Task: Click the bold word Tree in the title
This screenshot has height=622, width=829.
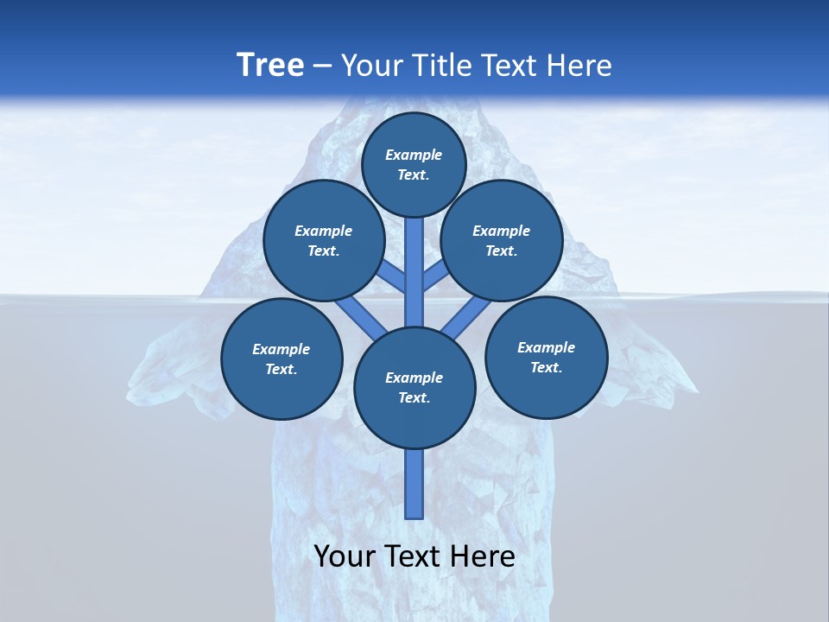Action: coord(270,65)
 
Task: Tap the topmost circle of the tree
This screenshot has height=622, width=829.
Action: coord(414,164)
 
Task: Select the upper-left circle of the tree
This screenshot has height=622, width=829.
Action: coord(323,240)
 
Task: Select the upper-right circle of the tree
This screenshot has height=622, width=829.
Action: coord(502,240)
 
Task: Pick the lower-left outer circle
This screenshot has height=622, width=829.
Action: coord(282,359)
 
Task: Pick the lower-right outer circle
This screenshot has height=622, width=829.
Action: coord(546,357)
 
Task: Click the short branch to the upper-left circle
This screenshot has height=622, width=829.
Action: coord(393,276)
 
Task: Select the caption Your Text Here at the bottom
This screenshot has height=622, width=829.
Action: coord(414,556)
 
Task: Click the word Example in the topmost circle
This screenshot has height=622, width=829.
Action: coord(414,155)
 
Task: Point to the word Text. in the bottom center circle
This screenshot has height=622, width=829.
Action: coord(414,397)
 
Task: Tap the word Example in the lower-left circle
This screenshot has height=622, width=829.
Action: coord(281,349)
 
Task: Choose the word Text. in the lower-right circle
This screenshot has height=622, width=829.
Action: coord(546,367)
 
